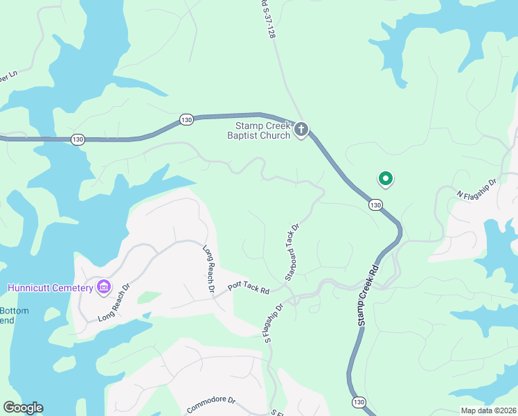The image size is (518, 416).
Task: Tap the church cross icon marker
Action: tap(301, 129)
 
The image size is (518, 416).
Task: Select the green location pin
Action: tap(385, 180)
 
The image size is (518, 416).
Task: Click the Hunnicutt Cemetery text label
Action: tap(50, 288)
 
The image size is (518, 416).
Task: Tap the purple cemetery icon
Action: tap(104, 286)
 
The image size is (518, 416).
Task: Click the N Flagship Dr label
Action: tap(477, 189)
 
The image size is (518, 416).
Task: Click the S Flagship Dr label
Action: tap(273, 321)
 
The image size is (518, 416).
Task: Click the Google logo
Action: tap(23, 408)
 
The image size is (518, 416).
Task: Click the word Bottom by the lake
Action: tap(14, 311)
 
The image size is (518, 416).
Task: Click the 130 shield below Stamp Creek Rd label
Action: tap(358, 401)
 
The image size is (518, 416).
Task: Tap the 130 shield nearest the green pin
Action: tap(375, 205)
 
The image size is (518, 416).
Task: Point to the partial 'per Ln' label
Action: tap(8, 76)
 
